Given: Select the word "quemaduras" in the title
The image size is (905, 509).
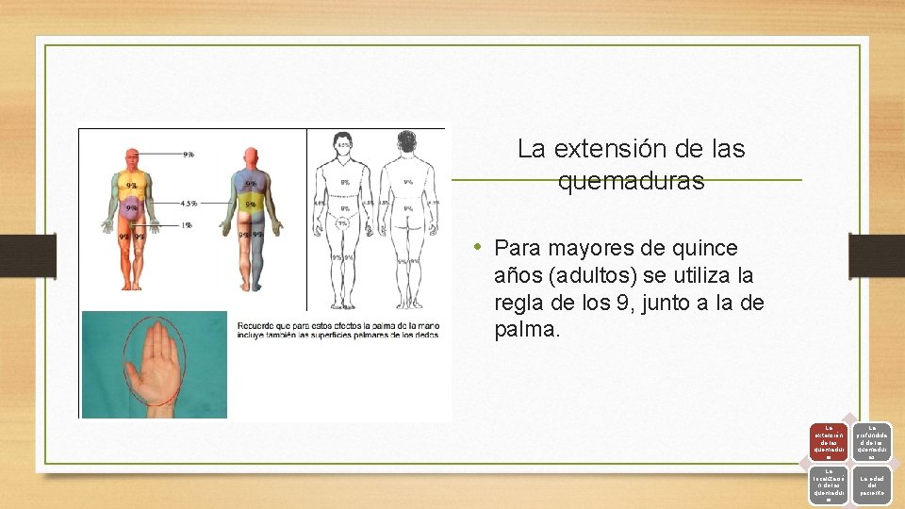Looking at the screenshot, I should click(x=631, y=181).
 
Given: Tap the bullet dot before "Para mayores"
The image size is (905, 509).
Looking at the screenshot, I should click(x=479, y=248).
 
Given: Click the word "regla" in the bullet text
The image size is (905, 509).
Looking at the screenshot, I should click(x=520, y=304).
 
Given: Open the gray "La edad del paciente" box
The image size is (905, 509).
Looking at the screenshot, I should click(x=872, y=484).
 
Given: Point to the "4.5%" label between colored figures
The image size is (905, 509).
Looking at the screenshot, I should click(x=188, y=203).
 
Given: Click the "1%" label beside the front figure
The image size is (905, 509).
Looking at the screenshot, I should click(x=188, y=224).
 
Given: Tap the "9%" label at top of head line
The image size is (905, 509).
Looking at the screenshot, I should click(x=189, y=154).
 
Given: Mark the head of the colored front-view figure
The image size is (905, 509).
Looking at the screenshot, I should click(x=132, y=157).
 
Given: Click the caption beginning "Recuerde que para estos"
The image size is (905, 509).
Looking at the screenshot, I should click(x=339, y=329).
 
